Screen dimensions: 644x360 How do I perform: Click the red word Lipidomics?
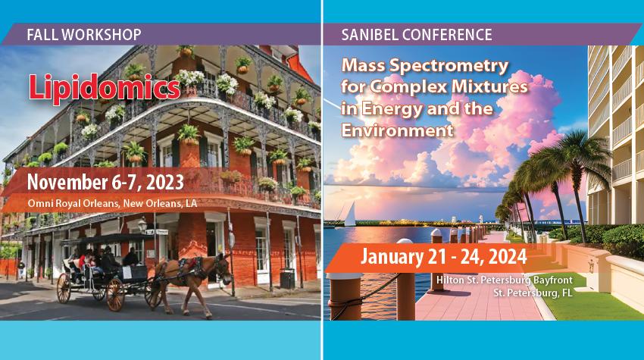pos(105,87)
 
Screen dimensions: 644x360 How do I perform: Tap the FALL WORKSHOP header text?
pos(84,35)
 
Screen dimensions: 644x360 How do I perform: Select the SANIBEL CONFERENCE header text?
pos(417,35)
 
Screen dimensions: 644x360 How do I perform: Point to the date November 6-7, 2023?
pos(105,182)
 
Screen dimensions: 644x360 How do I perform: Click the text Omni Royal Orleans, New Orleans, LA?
pos(112,203)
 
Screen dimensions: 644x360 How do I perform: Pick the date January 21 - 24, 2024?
pos(443,256)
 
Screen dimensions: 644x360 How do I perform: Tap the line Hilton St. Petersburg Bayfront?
pos(505,280)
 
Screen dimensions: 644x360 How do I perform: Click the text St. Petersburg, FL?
pos(533,293)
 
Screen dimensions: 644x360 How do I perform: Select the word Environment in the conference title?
pos(397,130)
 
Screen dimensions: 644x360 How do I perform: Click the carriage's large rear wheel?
pos(115,295)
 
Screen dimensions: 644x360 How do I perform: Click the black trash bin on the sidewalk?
pos(287,278)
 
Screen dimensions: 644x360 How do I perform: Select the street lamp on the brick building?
pos(142,226)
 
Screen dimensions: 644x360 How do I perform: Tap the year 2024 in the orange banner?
pos(508,257)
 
